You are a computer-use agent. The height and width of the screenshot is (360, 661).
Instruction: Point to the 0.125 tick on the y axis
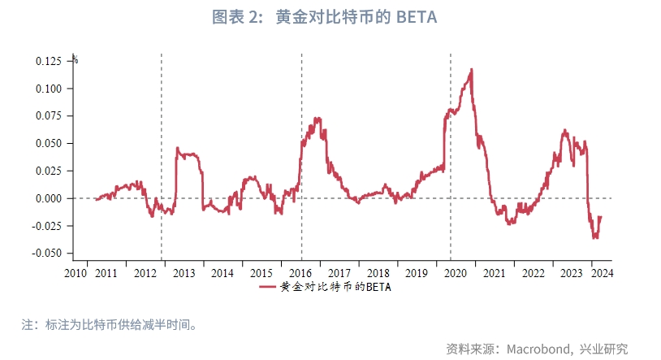49,61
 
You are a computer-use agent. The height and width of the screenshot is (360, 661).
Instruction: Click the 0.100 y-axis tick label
49,89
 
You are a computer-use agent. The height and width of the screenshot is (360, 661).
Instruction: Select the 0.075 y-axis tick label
49,115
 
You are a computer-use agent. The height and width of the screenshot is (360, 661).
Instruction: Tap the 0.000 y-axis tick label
49,198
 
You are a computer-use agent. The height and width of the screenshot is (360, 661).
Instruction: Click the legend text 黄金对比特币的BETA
335,287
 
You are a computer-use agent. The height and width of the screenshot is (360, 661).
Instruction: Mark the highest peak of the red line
472,71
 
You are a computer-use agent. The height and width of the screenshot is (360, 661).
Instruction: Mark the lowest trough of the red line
595,236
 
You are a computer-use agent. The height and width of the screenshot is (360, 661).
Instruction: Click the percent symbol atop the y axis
75,59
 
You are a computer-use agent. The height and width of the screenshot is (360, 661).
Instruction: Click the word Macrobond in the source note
539,349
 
